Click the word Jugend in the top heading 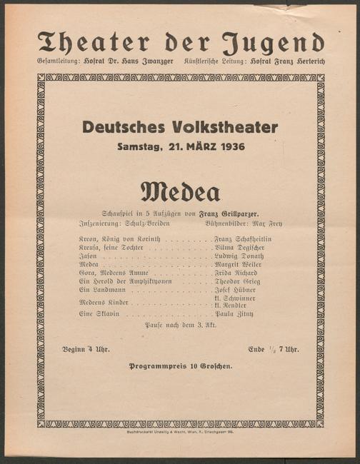(274, 44)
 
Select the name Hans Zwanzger (147, 62)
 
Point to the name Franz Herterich (296, 62)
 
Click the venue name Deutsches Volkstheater (180, 128)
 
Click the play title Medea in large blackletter (180, 191)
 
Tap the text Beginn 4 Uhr (84, 349)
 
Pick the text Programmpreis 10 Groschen (180, 366)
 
